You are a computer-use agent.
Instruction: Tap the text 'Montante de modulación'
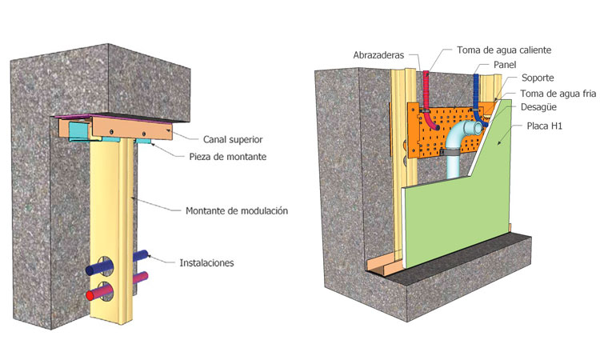point(236,211)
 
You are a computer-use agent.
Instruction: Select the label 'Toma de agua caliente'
point(504,50)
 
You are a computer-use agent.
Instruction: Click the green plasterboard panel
point(456,216)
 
